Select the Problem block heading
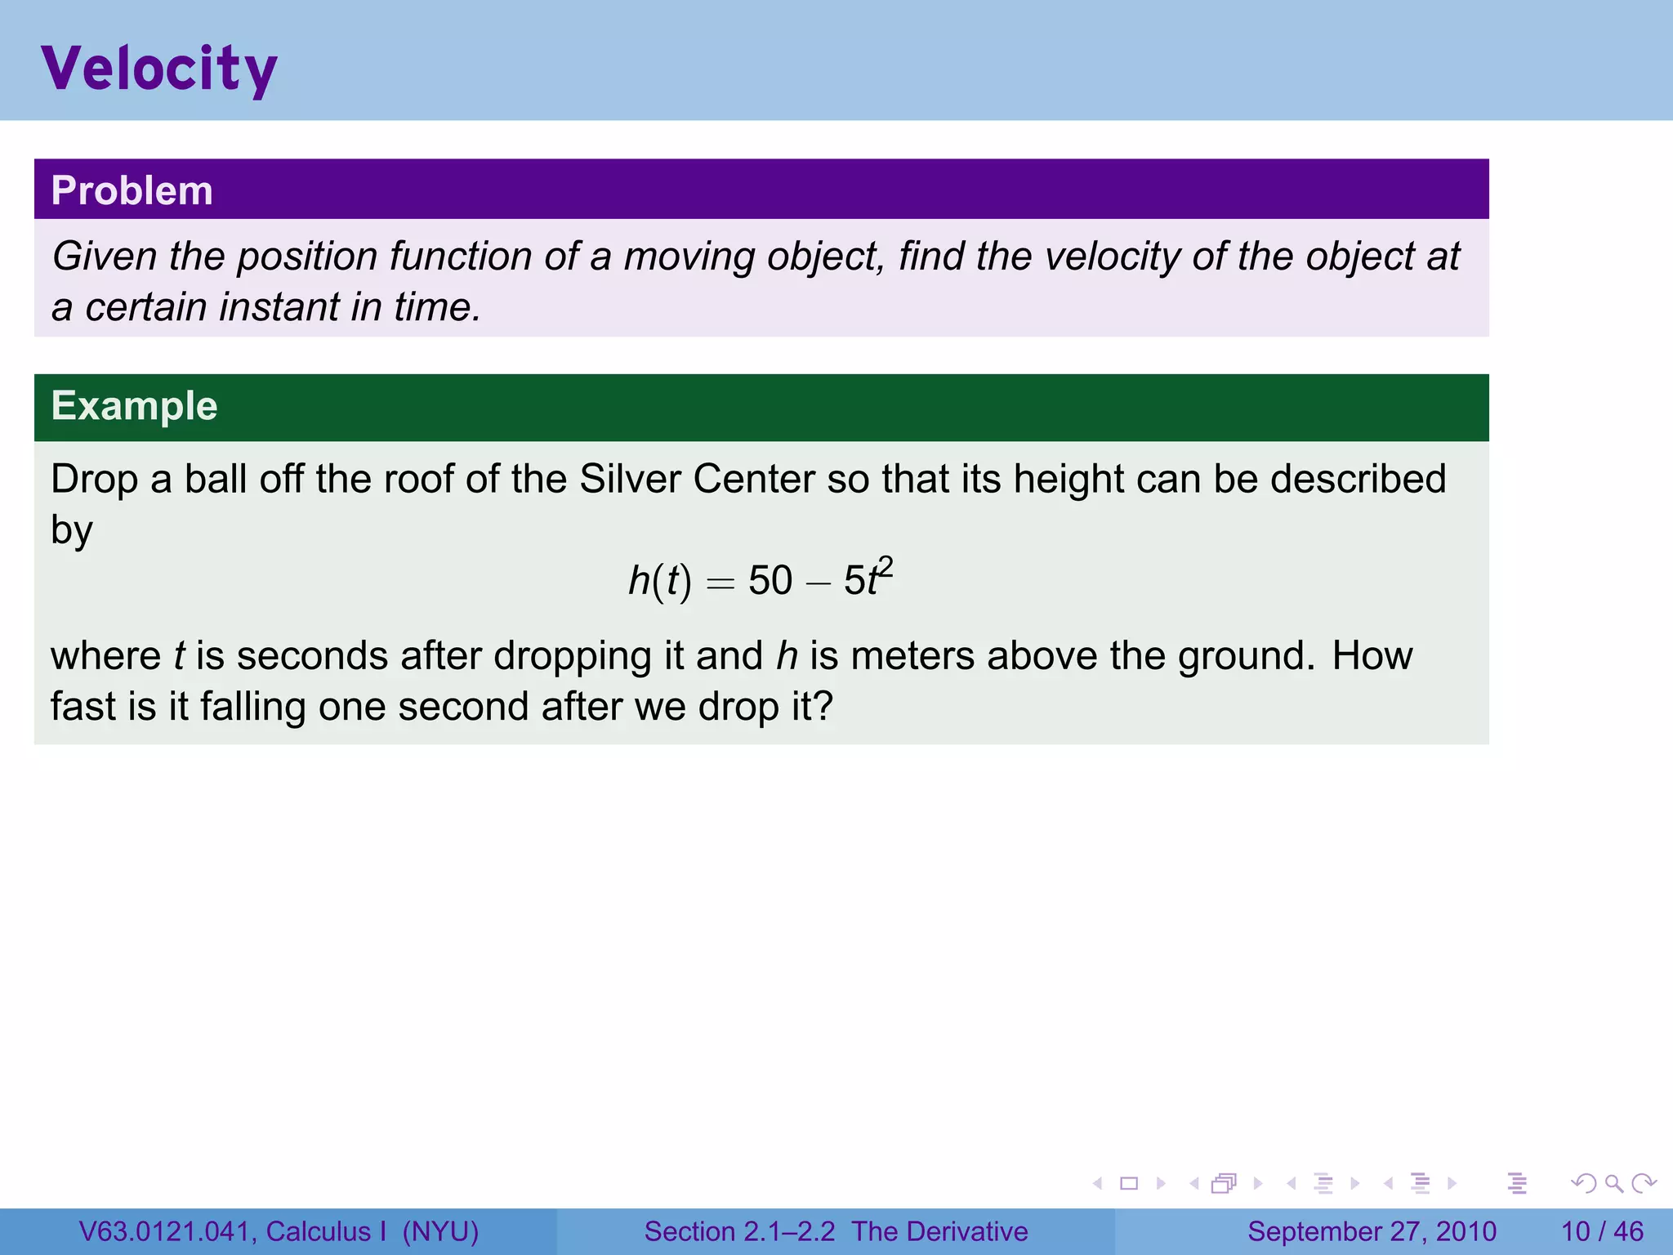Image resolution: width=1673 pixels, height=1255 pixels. (x=132, y=190)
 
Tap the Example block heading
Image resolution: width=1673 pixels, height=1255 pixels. (x=134, y=406)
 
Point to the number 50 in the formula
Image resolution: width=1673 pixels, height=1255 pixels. (x=770, y=581)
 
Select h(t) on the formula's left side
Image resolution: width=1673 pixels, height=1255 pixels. (x=659, y=581)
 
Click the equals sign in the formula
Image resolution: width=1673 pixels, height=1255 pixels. (x=721, y=583)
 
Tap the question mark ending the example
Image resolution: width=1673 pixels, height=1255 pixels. (x=823, y=707)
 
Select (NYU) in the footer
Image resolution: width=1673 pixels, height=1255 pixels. (x=440, y=1231)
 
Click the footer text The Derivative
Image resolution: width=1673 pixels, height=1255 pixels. (x=939, y=1231)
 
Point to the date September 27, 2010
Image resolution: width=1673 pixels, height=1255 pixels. (x=1372, y=1231)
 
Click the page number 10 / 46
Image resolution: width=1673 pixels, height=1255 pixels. (x=1602, y=1231)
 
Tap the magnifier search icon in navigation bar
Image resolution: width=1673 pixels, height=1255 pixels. (x=1613, y=1183)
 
